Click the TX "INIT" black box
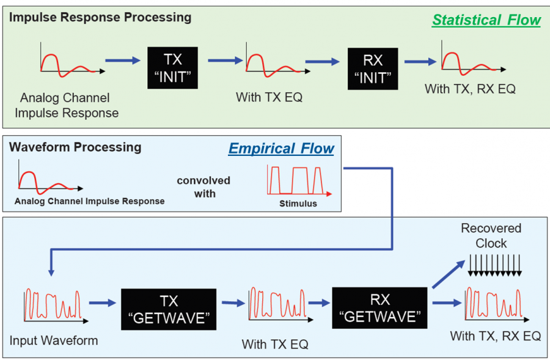coord(174,68)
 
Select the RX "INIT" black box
coord(373,68)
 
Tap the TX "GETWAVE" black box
coord(168,309)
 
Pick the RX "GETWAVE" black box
coord(379,309)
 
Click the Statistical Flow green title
coord(486,20)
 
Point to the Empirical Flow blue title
coord(281,149)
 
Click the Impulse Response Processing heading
coord(100,17)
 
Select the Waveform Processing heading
coord(75,147)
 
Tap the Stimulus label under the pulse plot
coord(298,204)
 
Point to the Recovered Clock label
coord(491,235)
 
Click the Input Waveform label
coord(54,340)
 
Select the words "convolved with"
coord(204,187)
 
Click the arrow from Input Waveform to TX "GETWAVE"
coord(101,303)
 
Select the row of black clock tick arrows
coord(494,263)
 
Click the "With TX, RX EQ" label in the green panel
coord(470,89)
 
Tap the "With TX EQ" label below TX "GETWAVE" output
coord(275,344)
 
